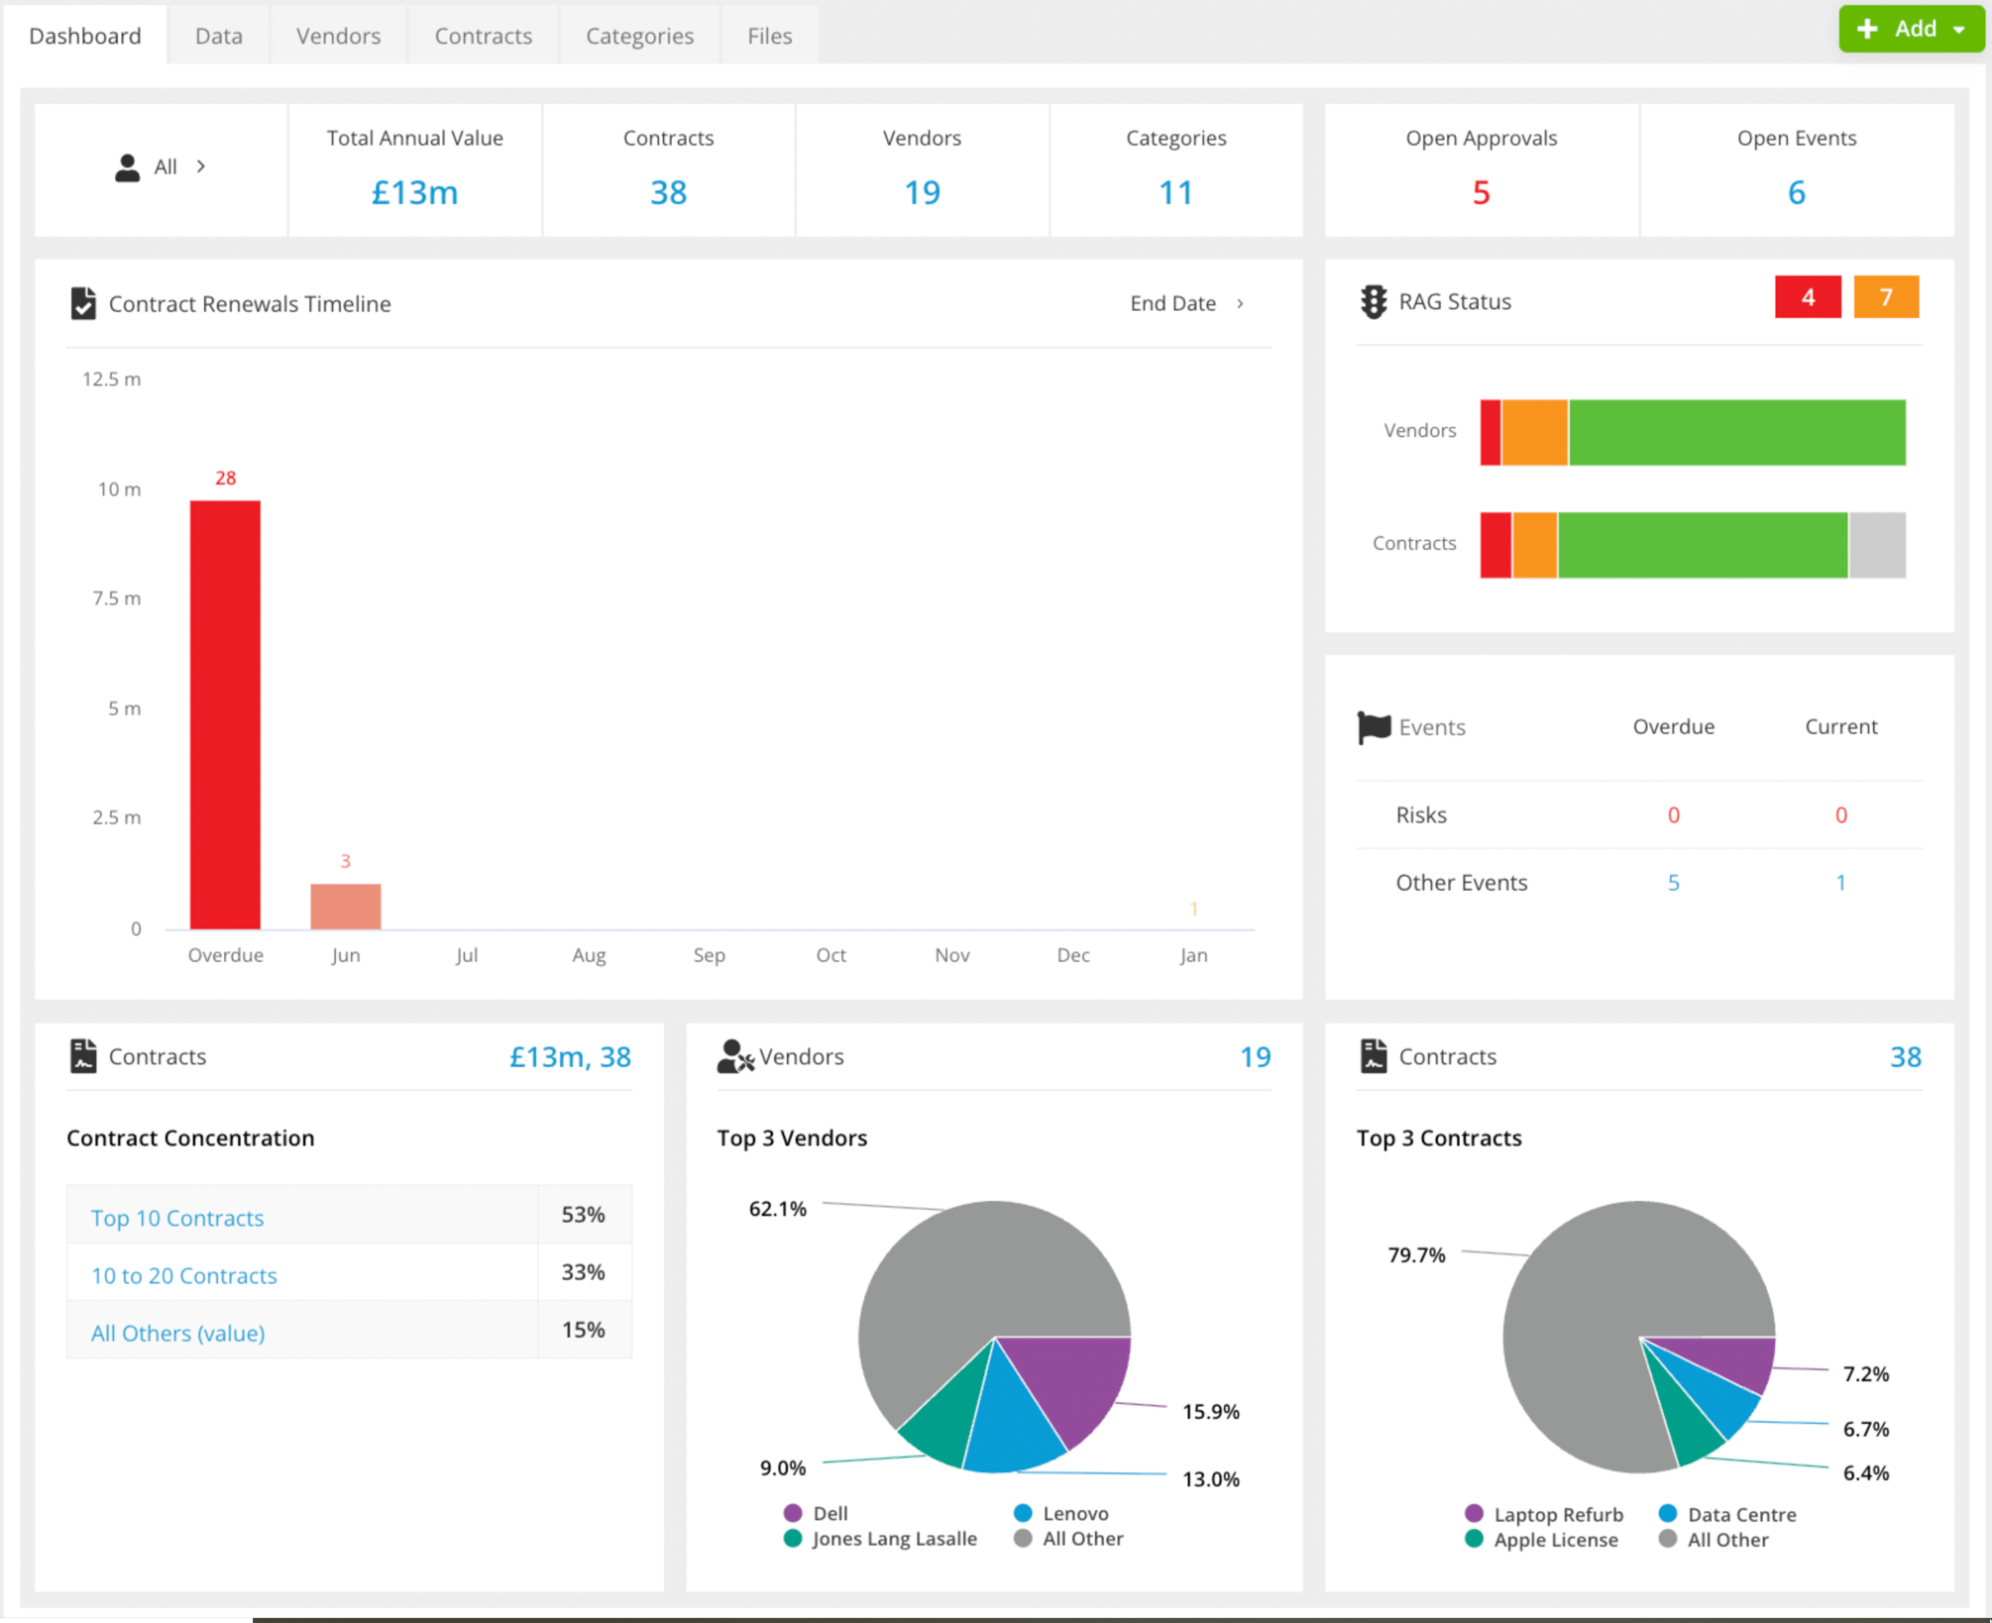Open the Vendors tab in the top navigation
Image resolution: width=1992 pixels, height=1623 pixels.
[x=338, y=36]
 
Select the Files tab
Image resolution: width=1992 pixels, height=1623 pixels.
[x=769, y=36]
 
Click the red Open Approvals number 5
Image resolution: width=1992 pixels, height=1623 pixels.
[x=1481, y=192]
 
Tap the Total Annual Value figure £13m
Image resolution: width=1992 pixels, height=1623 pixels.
[x=414, y=192]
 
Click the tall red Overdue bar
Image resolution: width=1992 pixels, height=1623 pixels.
[x=225, y=713]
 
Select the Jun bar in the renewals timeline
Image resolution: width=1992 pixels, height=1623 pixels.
[x=345, y=906]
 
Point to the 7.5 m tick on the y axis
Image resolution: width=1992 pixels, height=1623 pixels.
[x=117, y=598]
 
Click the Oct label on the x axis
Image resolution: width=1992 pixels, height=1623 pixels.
[x=830, y=955]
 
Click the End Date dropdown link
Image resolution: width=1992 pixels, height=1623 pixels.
[x=1185, y=303]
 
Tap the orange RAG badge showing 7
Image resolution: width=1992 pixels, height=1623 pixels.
[x=1885, y=297]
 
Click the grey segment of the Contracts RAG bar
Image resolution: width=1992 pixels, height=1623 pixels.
[x=1876, y=545]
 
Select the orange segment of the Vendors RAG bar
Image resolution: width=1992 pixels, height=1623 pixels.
[x=1534, y=432]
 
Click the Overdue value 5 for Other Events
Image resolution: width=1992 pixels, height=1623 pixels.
[x=1673, y=882]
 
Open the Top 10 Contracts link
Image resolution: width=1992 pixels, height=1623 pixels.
[x=177, y=1218]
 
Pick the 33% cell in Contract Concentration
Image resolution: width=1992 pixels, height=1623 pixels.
[x=583, y=1272]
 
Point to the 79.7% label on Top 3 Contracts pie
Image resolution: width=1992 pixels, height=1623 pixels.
[x=1416, y=1255]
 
